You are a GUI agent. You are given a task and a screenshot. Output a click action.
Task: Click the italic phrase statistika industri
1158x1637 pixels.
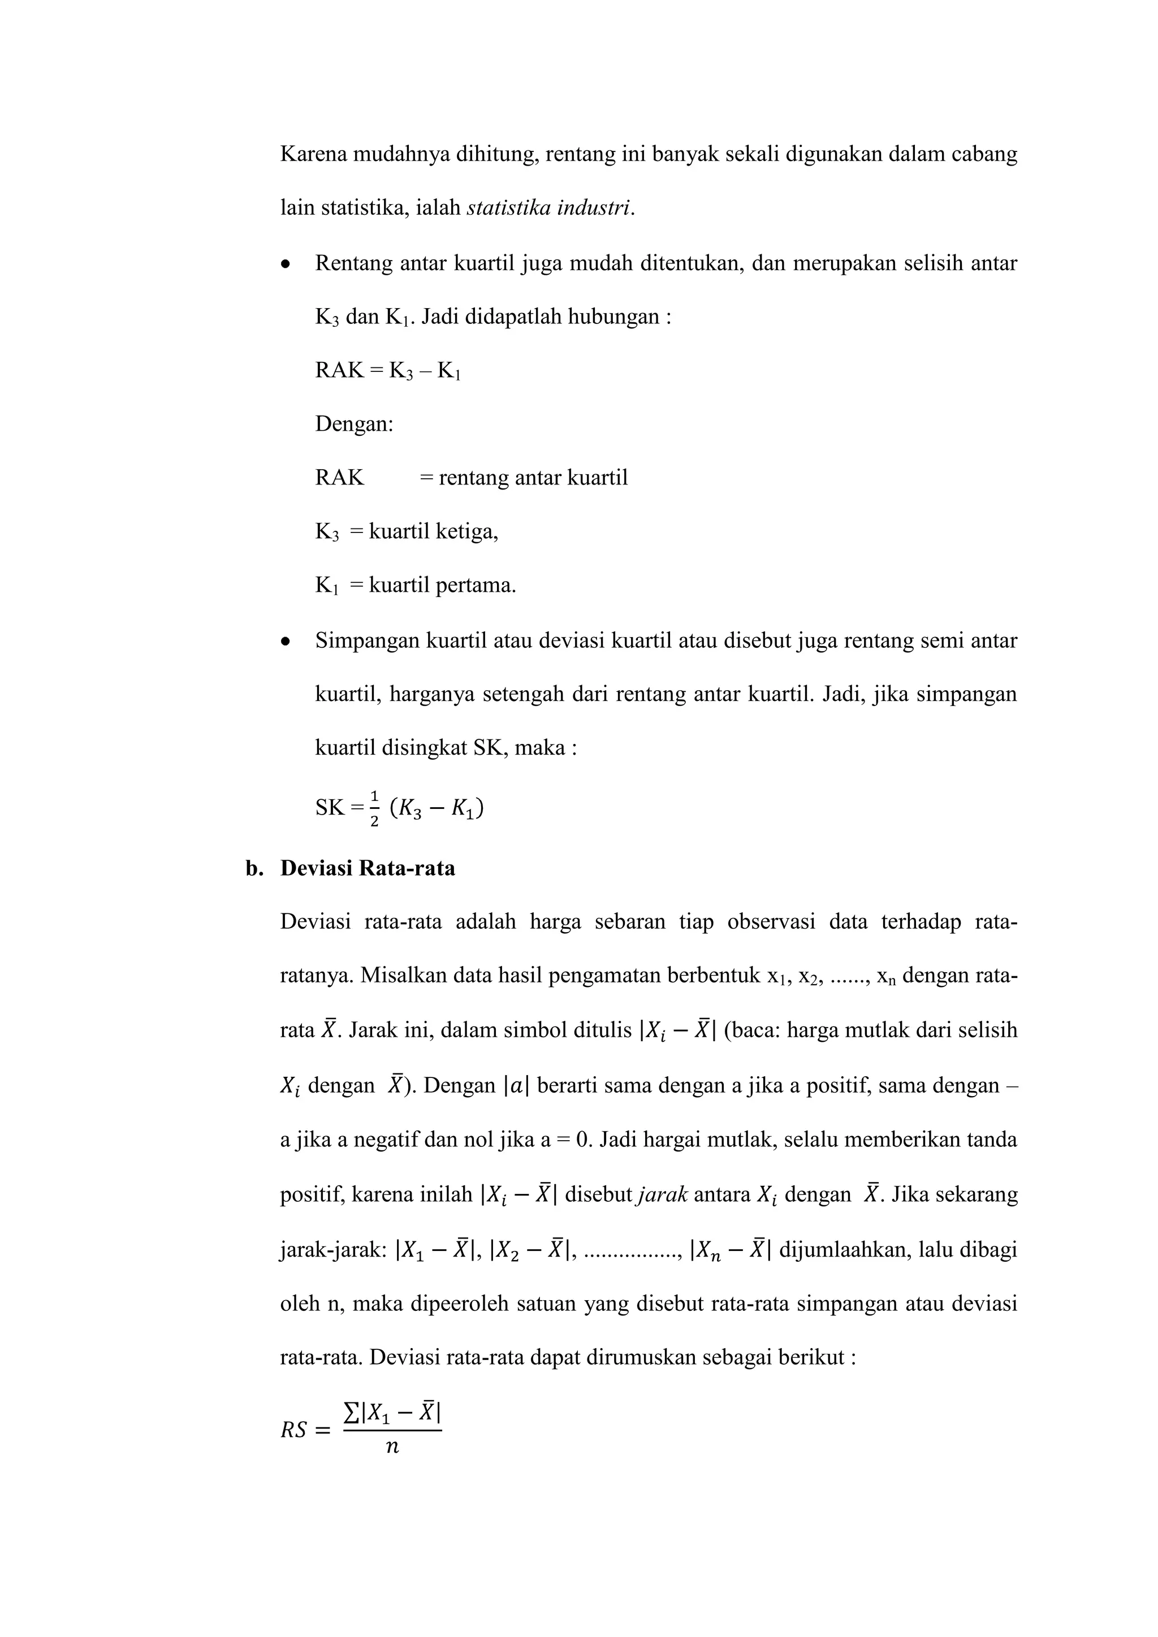tap(549, 208)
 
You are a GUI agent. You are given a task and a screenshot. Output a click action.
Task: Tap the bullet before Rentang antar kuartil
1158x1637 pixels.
tap(286, 265)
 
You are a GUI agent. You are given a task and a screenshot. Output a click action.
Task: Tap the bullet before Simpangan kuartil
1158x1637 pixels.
tap(286, 642)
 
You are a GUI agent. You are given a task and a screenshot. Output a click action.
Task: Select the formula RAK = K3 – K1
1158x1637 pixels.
tap(387, 371)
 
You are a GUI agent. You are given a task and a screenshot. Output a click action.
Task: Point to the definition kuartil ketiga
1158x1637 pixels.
tap(433, 532)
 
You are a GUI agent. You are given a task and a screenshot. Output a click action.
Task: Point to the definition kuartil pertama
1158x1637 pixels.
tap(442, 586)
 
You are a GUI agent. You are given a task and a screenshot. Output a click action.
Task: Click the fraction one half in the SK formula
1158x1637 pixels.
tap(375, 808)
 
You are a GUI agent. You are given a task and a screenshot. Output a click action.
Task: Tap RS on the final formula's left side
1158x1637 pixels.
tap(294, 1430)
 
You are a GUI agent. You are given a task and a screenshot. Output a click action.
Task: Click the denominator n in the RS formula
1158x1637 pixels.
tap(391, 1447)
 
